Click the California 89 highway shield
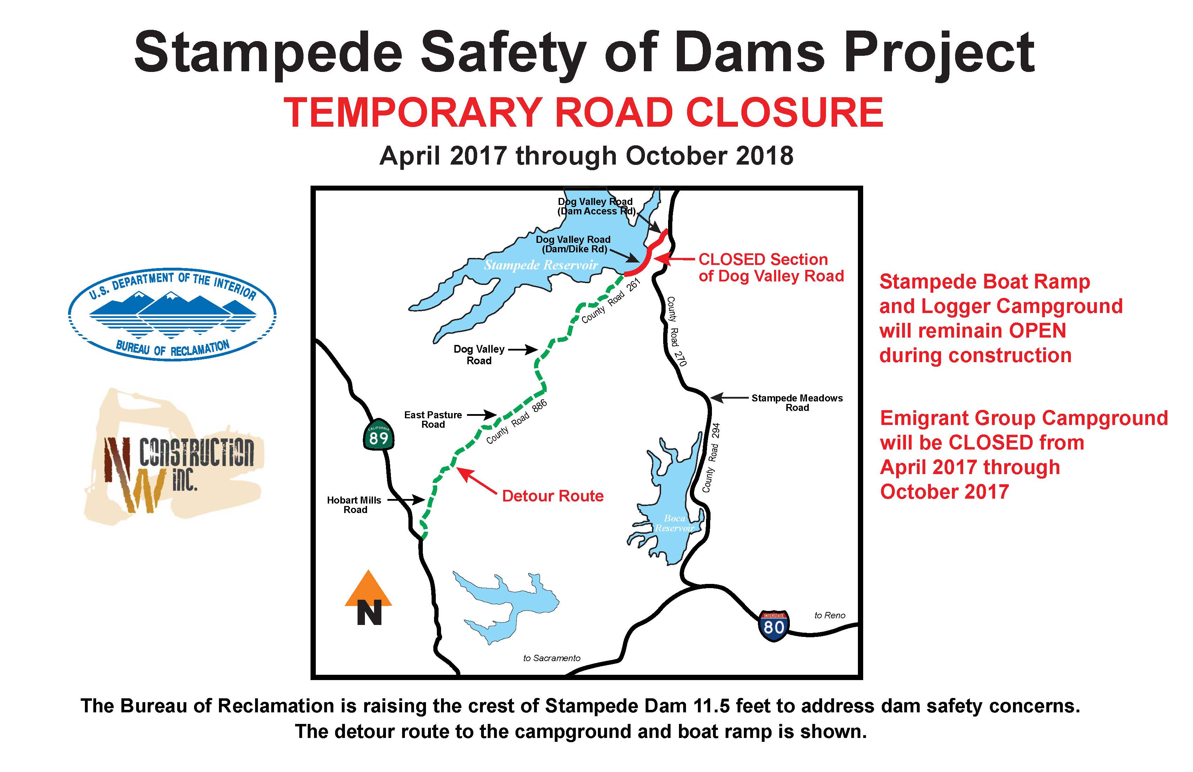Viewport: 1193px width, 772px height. coord(379,435)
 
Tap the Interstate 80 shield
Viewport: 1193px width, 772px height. coord(773,625)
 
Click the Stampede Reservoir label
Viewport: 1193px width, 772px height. coord(540,265)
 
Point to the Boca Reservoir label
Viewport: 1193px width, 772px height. coord(674,523)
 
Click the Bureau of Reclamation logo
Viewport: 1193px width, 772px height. coord(172,314)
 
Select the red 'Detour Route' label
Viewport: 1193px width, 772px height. coord(552,496)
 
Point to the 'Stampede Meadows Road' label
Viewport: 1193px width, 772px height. coord(797,402)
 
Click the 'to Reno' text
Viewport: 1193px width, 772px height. coord(829,615)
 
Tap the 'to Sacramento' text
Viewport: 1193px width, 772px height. coord(551,658)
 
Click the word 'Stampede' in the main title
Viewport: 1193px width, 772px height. coord(268,53)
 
